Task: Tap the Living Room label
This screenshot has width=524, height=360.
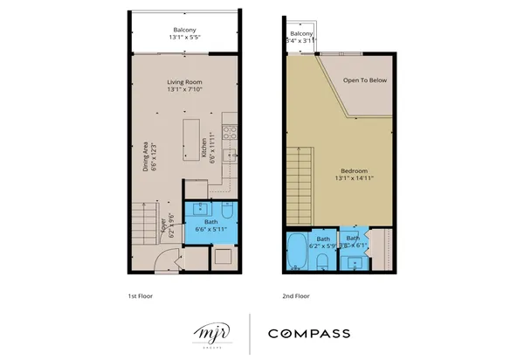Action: coord(185,86)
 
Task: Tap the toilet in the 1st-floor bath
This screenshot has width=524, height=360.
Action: coord(226,210)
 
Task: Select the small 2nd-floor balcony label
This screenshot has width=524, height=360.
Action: coord(301,37)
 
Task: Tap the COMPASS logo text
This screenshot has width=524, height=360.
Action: coord(309,333)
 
